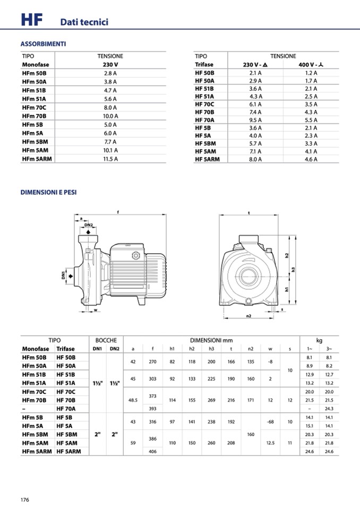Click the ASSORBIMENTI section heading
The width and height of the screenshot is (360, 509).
pyautogui.click(x=43, y=44)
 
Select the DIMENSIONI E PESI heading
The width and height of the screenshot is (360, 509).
pyautogui.click(x=48, y=192)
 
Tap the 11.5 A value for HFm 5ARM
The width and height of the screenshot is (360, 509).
pyautogui.click(x=110, y=159)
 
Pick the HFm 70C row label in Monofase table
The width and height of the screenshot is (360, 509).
pyautogui.click(x=35, y=107)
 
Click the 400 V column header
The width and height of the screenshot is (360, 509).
pyautogui.click(x=311, y=64)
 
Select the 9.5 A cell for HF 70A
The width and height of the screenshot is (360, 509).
pyautogui.click(x=256, y=120)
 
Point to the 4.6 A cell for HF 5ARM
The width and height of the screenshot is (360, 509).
pyautogui.click(x=311, y=159)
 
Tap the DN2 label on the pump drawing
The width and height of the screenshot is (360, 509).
pyautogui.click(x=89, y=225)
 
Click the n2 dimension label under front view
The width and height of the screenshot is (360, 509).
pyautogui.click(x=248, y=316)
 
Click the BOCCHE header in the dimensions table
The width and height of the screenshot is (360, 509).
pyautogui.click(x=106, y=340)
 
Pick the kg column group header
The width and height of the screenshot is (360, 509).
pyautogui.click(x=319, y=340)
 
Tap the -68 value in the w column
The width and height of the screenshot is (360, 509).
pyautogui.click(x=270, y=422)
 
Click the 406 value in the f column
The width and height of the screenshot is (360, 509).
pyautogui.click(x=153, y=451)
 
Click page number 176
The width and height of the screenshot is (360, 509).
pyautogui.click(x=25, y=500)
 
